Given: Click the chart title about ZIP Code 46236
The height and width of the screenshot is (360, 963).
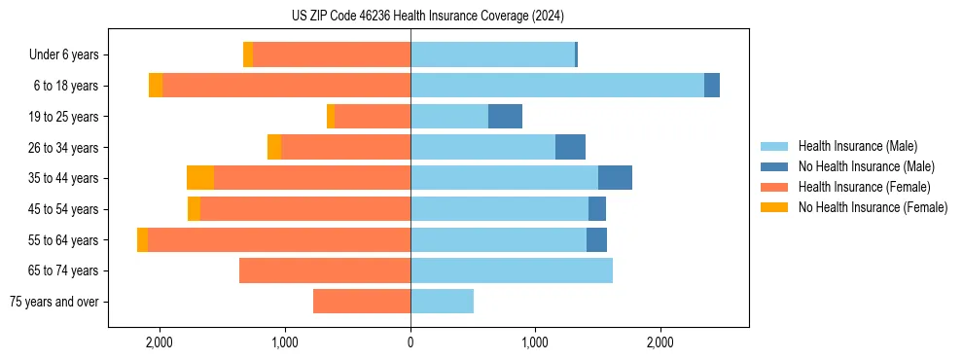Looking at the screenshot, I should [481, 16].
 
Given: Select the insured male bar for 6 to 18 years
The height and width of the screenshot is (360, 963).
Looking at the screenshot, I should [556, 86].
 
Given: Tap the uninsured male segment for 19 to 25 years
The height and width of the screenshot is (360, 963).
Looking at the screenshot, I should [505, 117].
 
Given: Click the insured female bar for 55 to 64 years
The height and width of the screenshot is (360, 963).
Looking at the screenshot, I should [279, 239].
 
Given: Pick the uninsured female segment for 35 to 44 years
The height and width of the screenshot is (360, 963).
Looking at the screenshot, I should [200, 178].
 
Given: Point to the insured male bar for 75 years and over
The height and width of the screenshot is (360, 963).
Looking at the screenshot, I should [442, 302].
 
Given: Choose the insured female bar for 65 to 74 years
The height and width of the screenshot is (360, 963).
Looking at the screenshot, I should [325, 270].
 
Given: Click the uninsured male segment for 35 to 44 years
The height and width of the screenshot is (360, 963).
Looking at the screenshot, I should [615, 178].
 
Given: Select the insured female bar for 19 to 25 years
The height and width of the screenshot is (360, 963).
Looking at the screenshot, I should [373, 117].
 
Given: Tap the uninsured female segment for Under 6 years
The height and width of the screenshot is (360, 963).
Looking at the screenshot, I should [248, 54].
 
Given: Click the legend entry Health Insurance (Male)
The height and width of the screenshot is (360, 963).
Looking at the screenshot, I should [857, 146].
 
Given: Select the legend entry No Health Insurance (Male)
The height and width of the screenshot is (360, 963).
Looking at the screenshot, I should [866, 166].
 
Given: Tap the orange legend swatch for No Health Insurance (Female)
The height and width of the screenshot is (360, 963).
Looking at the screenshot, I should [774, 207].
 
